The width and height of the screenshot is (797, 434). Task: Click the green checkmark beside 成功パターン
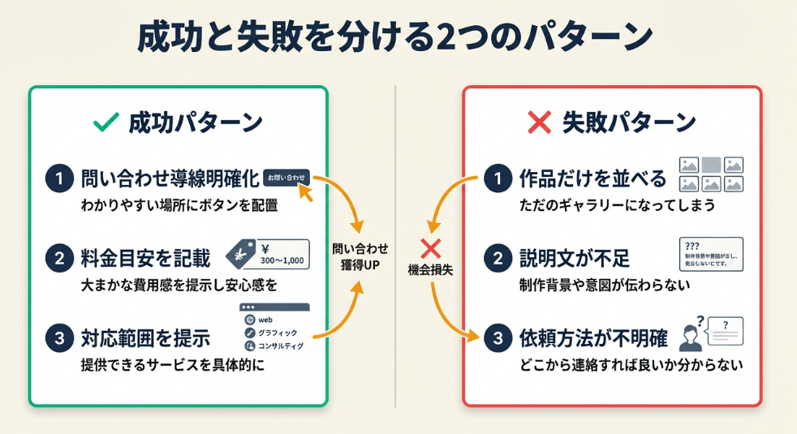[107, 122]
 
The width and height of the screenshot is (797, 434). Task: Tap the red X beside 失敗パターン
[540, 122]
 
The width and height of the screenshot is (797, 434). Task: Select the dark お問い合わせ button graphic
[286, 176]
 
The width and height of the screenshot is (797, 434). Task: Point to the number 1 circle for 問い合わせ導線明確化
[59, 178]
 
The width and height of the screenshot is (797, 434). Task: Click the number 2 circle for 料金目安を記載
[59, 259]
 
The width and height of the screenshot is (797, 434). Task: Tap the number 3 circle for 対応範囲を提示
[59, 338]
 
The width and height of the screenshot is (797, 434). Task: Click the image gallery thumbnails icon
[711, 174]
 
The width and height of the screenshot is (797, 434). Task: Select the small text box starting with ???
[709, 254]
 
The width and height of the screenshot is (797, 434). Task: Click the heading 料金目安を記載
[145, 259]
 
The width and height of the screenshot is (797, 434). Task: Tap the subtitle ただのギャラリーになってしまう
[617, 205]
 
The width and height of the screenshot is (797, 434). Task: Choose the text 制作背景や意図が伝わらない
[605, 285]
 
